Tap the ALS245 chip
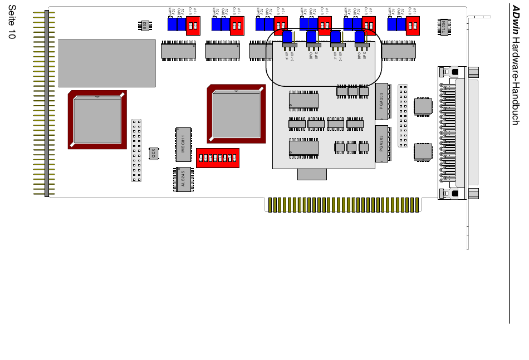(183, 180)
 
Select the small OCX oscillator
(154, 153)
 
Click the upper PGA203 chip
(381, 101)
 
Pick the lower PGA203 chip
(381, 144)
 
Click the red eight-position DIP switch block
(218, 158)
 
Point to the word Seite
(12, 15)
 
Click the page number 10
(12, 33)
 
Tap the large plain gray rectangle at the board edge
(106, 63)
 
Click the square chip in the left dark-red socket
(97, 120)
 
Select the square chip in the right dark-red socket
(236, 114)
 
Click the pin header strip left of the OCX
(136, 150)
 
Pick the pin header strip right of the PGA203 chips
(402, 116)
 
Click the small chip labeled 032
(145, 26)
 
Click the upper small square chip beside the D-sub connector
(423, 106)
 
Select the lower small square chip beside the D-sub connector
(423, 151)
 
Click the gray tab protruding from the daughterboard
(312, 174)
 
